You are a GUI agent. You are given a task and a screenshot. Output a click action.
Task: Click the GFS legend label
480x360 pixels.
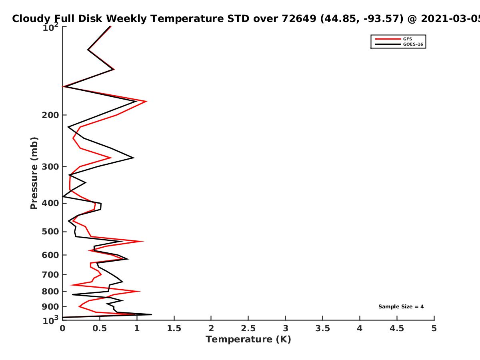pos(407,39)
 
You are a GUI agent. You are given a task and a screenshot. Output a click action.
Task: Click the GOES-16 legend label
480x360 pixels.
pos(413,44)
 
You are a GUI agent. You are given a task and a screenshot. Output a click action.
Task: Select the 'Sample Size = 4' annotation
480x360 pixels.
pos(401,306)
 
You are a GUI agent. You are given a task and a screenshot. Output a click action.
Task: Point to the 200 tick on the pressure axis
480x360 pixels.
pos(50,115)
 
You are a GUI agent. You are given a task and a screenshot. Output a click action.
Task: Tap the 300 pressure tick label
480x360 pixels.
pos(50,167)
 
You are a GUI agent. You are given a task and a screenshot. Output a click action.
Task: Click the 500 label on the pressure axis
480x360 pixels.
pos(50,232)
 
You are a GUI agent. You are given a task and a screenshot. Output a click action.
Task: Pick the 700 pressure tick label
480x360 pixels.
pos(50,274)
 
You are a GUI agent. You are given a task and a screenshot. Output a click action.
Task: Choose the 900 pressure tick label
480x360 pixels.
pos(50,307)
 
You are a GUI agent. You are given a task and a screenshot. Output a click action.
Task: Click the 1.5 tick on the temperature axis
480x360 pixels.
pos(174,328)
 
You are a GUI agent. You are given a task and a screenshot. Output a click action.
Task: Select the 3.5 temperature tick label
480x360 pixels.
pos(322,328)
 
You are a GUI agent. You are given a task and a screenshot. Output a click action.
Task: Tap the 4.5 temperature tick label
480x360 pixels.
pos(397,328)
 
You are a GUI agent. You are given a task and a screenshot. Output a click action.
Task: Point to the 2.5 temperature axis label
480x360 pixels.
pos(248,328)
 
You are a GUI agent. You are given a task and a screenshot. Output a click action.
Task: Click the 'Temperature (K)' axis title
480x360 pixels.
pos(248,340)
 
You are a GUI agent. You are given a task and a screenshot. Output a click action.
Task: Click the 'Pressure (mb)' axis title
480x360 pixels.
pos(34,173)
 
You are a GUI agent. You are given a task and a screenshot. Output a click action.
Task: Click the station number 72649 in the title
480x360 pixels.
pos(299,18)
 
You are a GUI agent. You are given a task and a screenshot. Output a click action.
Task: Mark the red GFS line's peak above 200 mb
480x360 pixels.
pos(146,101)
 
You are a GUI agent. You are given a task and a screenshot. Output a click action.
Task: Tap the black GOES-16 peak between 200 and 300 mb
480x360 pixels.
pos(134,158)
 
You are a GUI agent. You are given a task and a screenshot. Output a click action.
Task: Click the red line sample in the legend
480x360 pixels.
pos(388,39)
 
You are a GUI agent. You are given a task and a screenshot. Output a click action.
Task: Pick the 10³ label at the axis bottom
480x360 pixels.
pos(50,320)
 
